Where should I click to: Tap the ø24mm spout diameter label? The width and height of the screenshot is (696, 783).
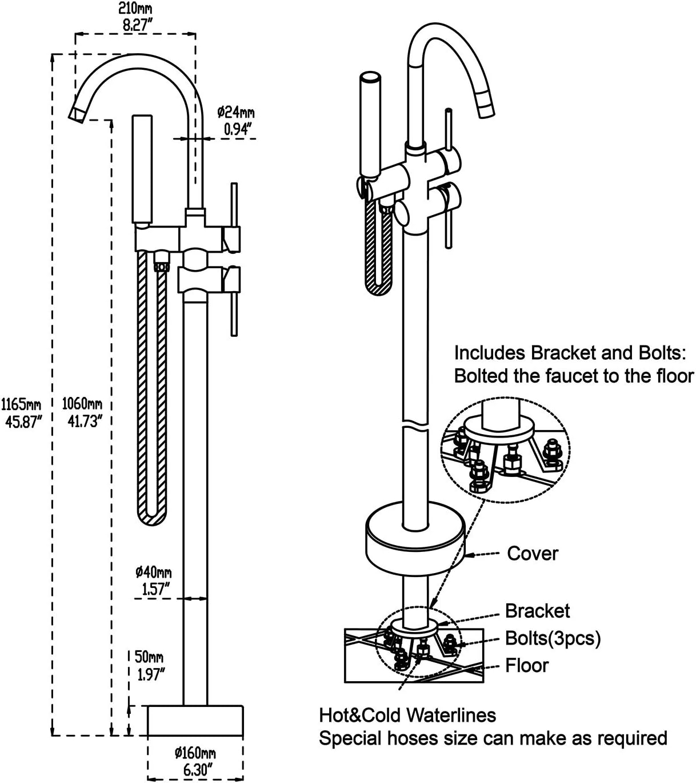pyautogui.click(x=235, y=112)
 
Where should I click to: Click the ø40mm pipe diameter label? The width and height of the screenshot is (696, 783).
pyautogui.click(x=153, y=571)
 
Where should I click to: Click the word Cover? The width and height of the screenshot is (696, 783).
pyautogui.click(x=533, y=553)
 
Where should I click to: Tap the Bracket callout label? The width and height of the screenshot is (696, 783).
pyautogui.click(x=537, y=611)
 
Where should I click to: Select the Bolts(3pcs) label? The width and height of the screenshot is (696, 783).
pyautogui.click(x=553, y=638)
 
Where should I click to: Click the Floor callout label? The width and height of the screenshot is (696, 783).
pyautogui.click(x=526, y=665)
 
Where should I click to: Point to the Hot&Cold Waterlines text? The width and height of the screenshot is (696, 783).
pyautogui.click(x=407, y=715)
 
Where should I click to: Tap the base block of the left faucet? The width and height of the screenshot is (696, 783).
pyautogui.click(x=195, y=720)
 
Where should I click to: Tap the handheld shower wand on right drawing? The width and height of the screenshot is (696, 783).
pyautogui.click(x=370, y=123)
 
